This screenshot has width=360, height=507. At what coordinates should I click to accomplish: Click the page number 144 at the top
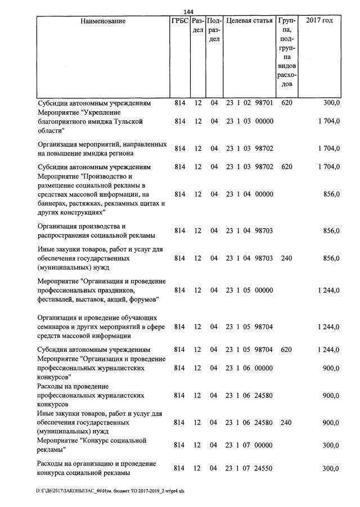(188, 12)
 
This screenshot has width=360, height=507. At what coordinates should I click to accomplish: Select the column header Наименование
(103, 21)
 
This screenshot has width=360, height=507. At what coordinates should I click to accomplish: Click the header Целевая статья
(249, 21)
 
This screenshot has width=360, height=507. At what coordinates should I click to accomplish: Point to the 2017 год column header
(319, 21)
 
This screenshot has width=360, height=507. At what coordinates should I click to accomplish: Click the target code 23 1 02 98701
(249, 103)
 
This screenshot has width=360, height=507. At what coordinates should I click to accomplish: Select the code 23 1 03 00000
(249, 121)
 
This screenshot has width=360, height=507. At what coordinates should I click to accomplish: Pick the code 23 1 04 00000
(249, 194)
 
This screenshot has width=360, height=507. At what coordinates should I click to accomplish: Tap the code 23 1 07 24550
(249, 468)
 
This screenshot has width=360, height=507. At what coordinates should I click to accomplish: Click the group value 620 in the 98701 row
(286, 103)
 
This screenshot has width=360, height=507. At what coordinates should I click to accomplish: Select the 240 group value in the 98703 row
(286, 259)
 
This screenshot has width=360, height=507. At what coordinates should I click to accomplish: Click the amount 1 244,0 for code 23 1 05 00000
(328, 291)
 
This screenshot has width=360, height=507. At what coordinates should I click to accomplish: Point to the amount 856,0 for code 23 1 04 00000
(331, 194)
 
